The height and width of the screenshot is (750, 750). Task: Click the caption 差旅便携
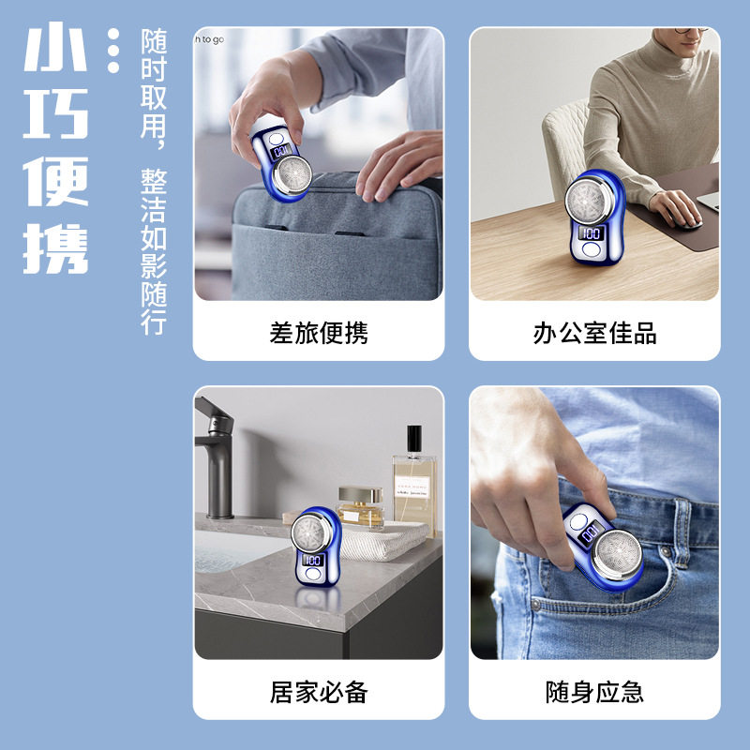319,333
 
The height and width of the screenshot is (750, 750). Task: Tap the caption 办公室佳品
594,333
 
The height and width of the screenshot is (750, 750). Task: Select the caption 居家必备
319,693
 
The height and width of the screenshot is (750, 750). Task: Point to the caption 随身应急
594,693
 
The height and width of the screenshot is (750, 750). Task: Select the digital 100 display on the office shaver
592,232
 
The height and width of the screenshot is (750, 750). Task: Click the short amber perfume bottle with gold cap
360,506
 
